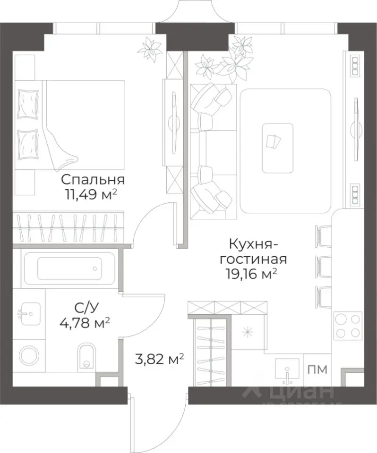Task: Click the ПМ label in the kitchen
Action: (x=317, y=369)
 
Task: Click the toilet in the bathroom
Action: (x=86, y=356)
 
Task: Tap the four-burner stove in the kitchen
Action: (x=347, y=326)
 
